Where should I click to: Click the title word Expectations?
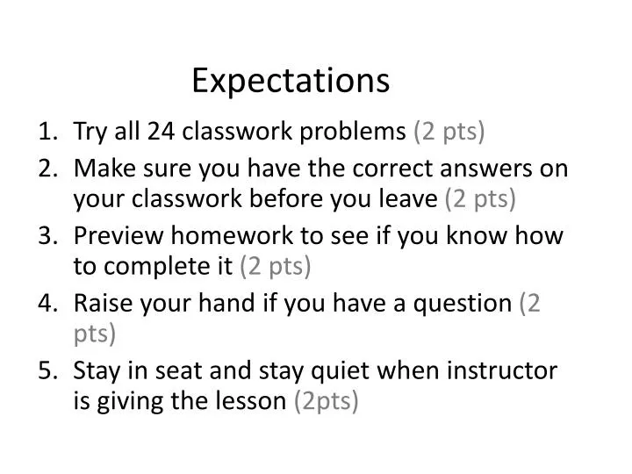(291, 81)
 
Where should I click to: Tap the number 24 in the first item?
(161, 132)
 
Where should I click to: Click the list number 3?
(47, 235)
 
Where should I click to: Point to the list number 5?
(47, 370)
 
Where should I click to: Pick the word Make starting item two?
(101, 168)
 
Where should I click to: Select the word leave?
(410, 199)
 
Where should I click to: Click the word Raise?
(98, 303)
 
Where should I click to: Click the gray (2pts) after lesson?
(327, 402)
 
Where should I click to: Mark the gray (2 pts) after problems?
(449, 132)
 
